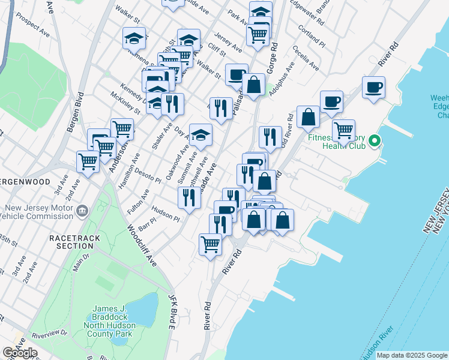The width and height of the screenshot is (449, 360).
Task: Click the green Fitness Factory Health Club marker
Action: [x=375, y=142]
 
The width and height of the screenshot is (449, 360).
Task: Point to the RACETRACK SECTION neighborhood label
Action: [x=71, y=242]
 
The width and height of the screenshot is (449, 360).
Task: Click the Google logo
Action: [x=20, y=352]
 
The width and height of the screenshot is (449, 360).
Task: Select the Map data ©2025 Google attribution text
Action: [x=412, y=355]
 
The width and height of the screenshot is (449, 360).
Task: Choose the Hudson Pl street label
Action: [x=165, y=213]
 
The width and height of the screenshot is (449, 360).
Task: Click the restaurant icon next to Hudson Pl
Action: [x=189, y=197]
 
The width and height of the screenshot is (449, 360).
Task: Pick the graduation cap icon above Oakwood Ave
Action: [x=200, y=134]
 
